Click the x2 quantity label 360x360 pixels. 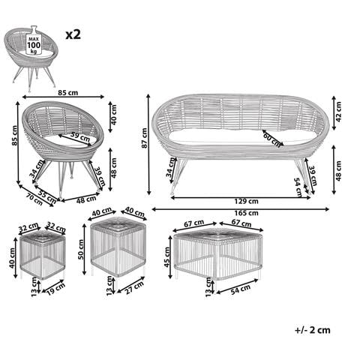point(73,34)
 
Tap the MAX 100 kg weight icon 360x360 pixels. point(34,40)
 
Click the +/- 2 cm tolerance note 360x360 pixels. point(313,330)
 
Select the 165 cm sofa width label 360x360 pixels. point(246,213)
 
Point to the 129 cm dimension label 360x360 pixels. point(246,201)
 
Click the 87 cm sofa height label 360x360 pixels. point(144,138)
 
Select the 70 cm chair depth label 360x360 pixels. point(34,200)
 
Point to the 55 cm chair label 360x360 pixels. point(47,196)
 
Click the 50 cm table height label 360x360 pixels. point(81,249)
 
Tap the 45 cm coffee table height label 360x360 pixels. point(167,257)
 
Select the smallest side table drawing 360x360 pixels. point(43,254)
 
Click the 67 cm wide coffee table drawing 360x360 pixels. point(218,253)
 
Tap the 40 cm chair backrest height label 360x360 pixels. point(113,115)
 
